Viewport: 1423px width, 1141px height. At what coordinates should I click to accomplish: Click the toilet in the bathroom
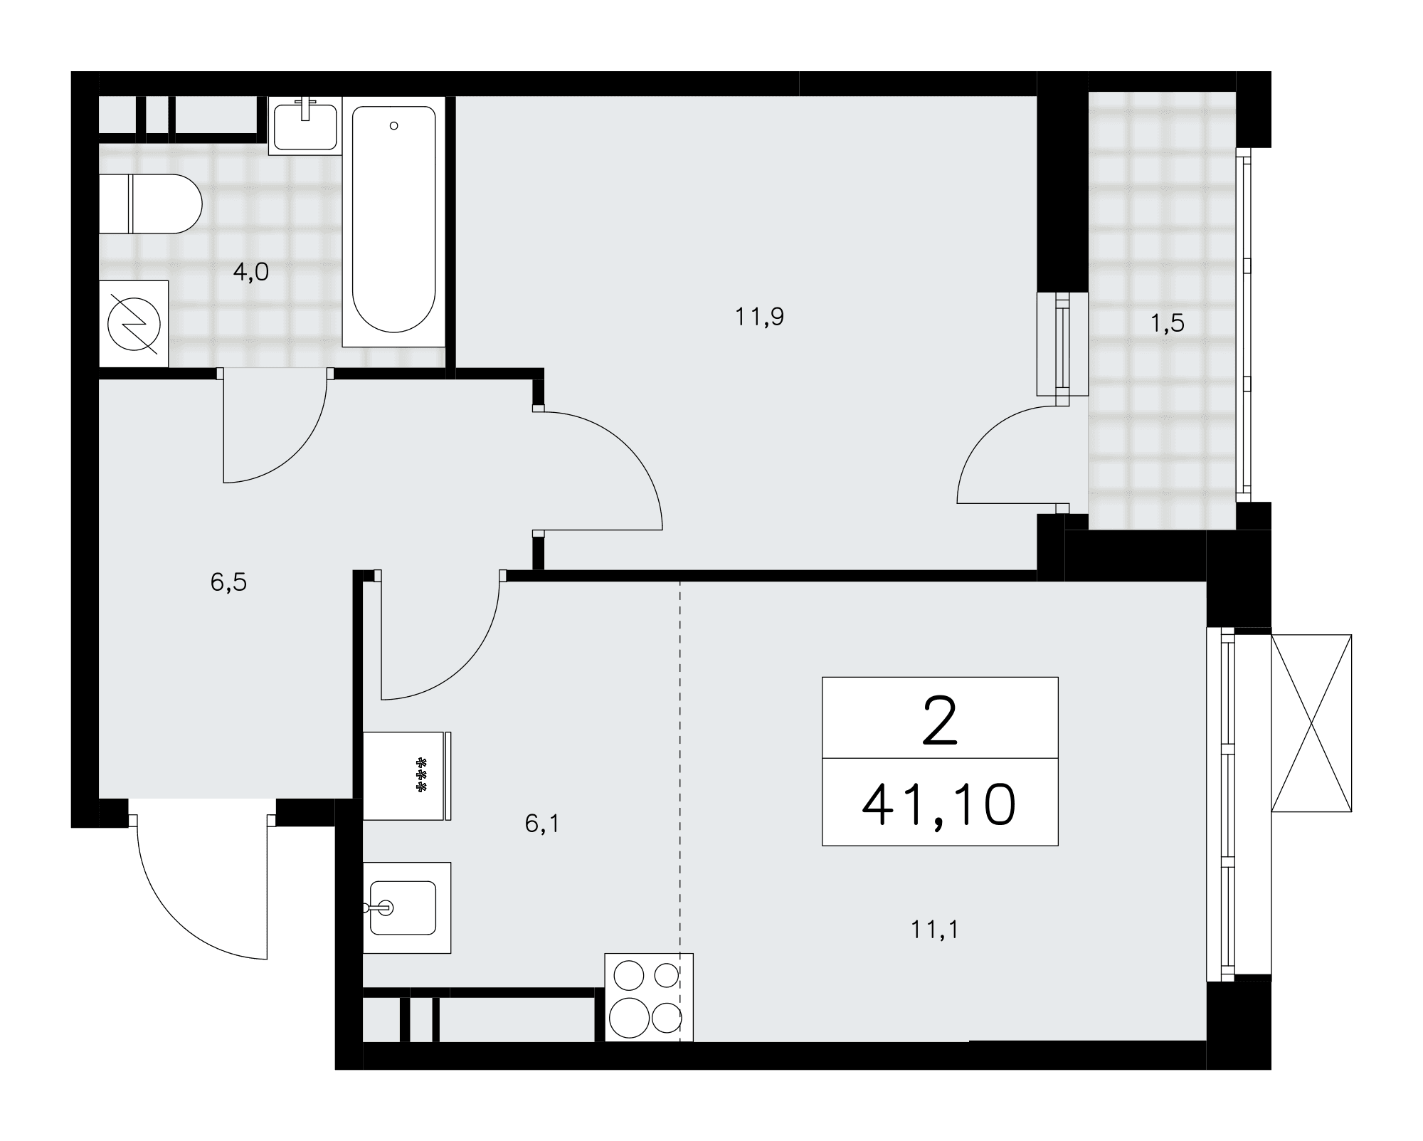click(150, 204)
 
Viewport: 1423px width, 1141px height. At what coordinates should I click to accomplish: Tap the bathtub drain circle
click(393, 126)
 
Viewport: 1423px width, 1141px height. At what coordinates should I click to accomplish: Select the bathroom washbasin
click(305, 126)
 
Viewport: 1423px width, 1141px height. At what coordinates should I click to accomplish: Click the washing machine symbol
click(133, 324)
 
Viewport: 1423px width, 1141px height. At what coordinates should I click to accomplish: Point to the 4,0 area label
click(251, 272)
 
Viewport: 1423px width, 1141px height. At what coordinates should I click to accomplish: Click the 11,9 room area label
click(759, 317)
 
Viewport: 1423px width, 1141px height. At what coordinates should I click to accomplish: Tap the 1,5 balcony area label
click(1168, 323)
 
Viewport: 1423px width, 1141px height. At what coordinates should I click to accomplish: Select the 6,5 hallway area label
click(228, 582)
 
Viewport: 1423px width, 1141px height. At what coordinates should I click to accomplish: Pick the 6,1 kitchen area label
click(543, 824)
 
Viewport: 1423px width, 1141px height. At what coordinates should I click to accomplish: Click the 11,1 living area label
click(935, 930)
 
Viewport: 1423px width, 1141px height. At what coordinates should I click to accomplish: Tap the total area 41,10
click(938, 806)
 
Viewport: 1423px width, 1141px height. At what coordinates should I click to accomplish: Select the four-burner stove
click(649, 997)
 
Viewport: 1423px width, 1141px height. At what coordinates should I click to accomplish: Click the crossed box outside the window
click(1311, 723)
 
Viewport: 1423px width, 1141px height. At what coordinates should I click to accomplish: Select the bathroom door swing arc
click(297, 451)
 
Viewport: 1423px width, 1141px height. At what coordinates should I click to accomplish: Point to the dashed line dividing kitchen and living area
click(680, 811)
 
